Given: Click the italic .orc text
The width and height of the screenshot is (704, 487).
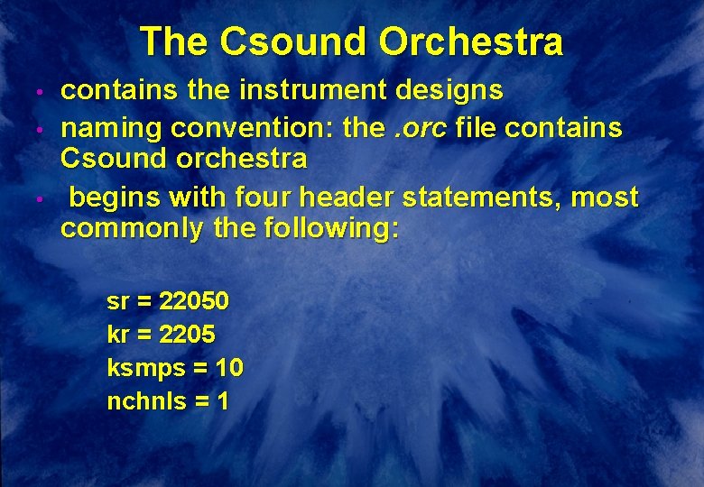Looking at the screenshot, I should tap(421, 128).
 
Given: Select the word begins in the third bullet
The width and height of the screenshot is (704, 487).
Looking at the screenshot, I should tap(113, 197).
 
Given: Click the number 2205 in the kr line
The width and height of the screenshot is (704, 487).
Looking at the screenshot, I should tap(187, 335).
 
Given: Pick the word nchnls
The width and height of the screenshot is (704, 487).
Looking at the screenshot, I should tap(143, 401).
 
